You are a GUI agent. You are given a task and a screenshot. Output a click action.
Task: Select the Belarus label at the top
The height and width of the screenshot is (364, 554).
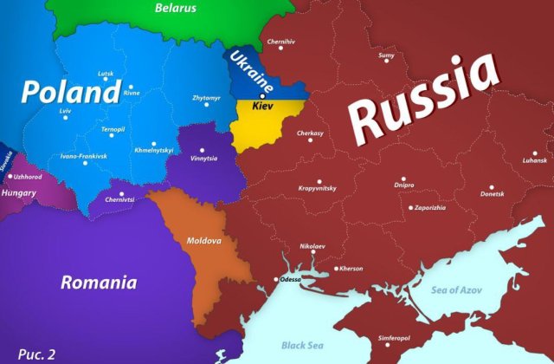tap(176, 9)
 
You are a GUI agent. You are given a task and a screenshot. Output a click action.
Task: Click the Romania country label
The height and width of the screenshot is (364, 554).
tap(98, 282)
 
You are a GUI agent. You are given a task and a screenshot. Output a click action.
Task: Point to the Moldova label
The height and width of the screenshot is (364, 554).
tap(204, 240)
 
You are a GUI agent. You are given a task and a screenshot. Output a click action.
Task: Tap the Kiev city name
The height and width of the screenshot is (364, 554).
tap(261, 105)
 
